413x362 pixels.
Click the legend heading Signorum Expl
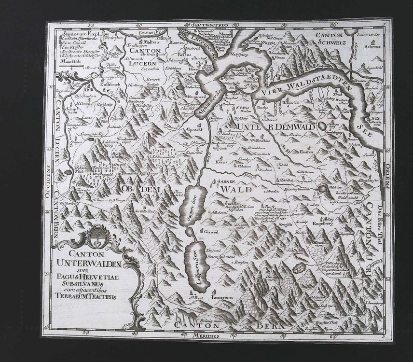click(x=80, y=35)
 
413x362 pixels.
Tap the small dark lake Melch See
click(x=321, y=188)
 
